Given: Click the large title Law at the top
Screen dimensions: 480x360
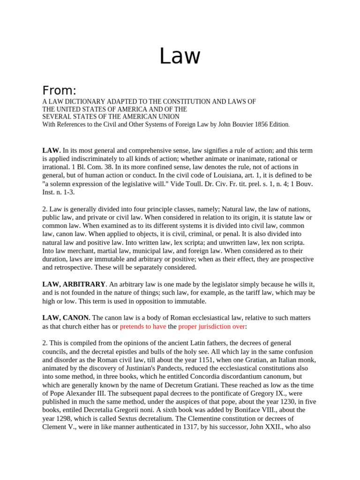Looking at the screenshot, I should (180, 56).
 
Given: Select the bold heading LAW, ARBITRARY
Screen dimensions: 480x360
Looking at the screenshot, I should (74, 284).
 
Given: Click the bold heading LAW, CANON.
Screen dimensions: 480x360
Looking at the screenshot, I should (66, 318).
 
